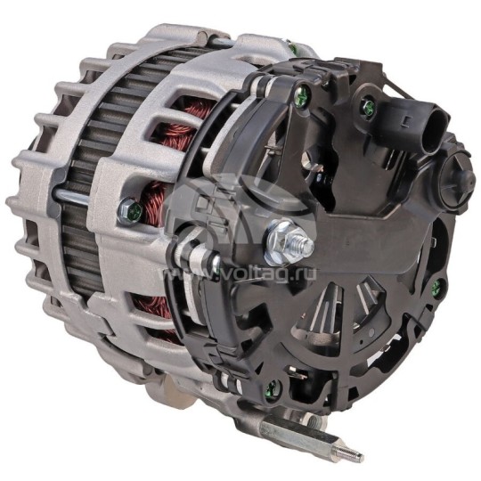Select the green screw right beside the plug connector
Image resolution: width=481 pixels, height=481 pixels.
pyautogui.click(x=366, y=108)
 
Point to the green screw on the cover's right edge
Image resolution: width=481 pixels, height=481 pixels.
pyautogui.click(x=436, y=287)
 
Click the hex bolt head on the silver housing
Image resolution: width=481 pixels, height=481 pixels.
pyautogui.click(x=129, y=210)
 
